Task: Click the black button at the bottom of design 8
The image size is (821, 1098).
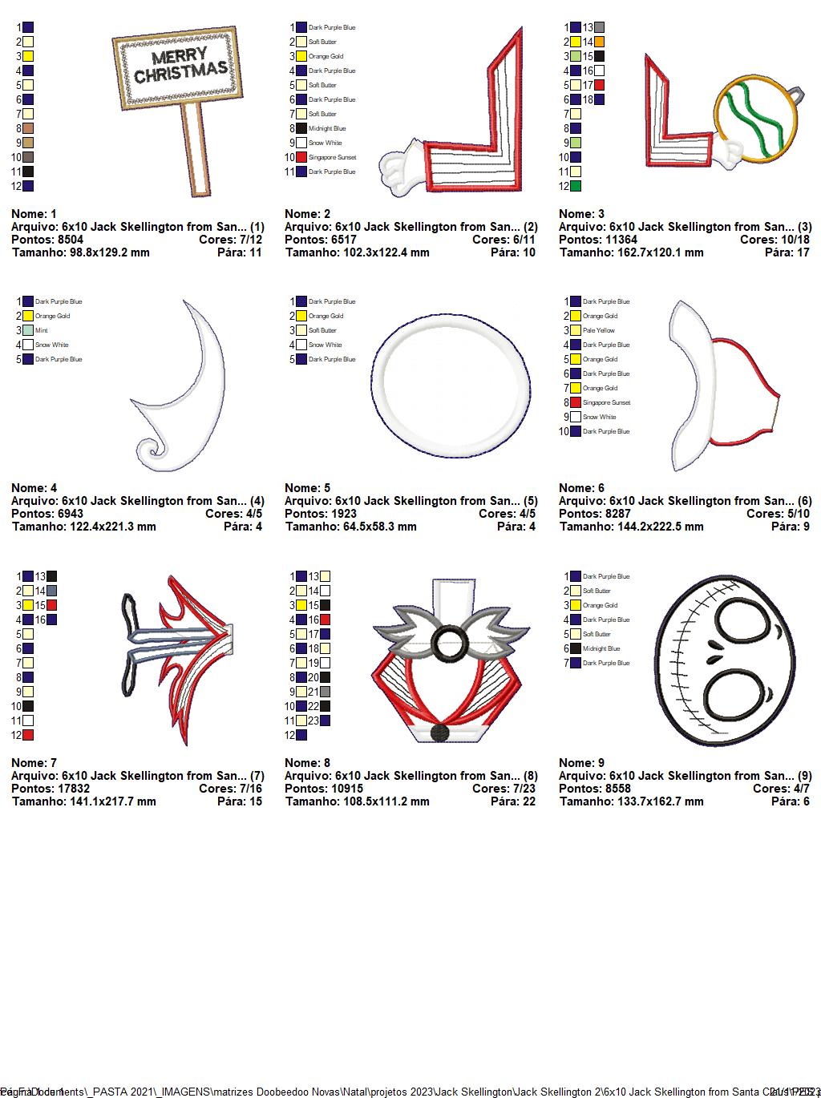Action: (439, 733)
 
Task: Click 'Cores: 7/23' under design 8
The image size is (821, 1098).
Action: (504, 788)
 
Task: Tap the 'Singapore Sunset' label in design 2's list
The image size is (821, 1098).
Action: (332, 157)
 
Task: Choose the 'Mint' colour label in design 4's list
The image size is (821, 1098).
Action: (42, 330)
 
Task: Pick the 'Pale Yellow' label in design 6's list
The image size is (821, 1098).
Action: (599, 330)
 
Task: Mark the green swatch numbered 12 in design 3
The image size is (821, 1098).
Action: (576, 186)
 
